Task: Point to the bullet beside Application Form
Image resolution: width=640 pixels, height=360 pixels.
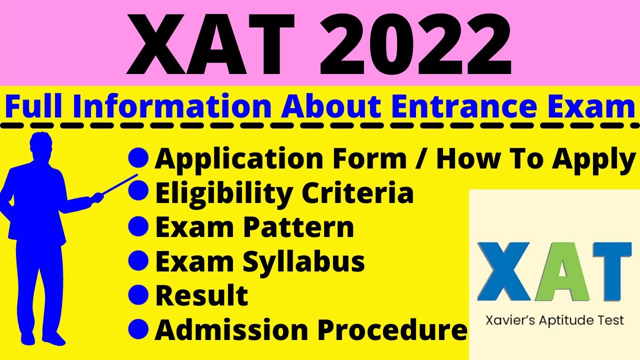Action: [x=138, y=158]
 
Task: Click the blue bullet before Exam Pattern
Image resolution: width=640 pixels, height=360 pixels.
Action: [x=138, y=226]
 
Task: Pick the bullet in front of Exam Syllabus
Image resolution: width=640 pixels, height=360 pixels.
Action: [x=138, y=260]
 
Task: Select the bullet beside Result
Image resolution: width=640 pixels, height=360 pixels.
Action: [x=138, y=294]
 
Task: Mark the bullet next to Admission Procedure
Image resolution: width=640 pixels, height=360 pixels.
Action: [x=138, y=328]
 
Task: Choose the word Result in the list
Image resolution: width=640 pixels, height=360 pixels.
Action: [x=201, y=295]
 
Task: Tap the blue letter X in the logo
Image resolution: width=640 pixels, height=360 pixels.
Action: [x=502, y=272]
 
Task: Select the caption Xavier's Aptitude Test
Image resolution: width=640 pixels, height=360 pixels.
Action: [x=554, y=320]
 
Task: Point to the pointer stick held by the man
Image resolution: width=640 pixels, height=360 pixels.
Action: [x=120, y=183]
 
